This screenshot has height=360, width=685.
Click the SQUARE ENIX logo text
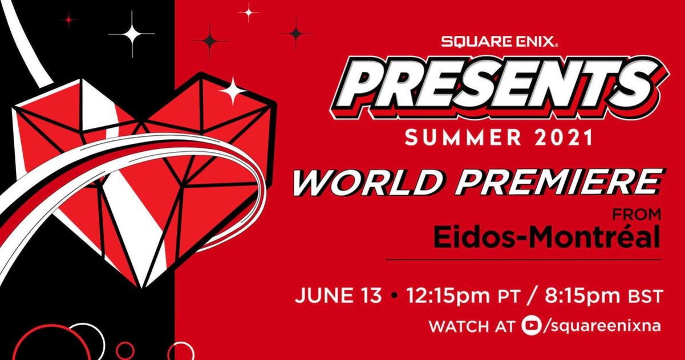coord(499,41)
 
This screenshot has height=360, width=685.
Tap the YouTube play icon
coord(530,326)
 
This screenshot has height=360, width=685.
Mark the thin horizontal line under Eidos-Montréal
coord(523,260)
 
